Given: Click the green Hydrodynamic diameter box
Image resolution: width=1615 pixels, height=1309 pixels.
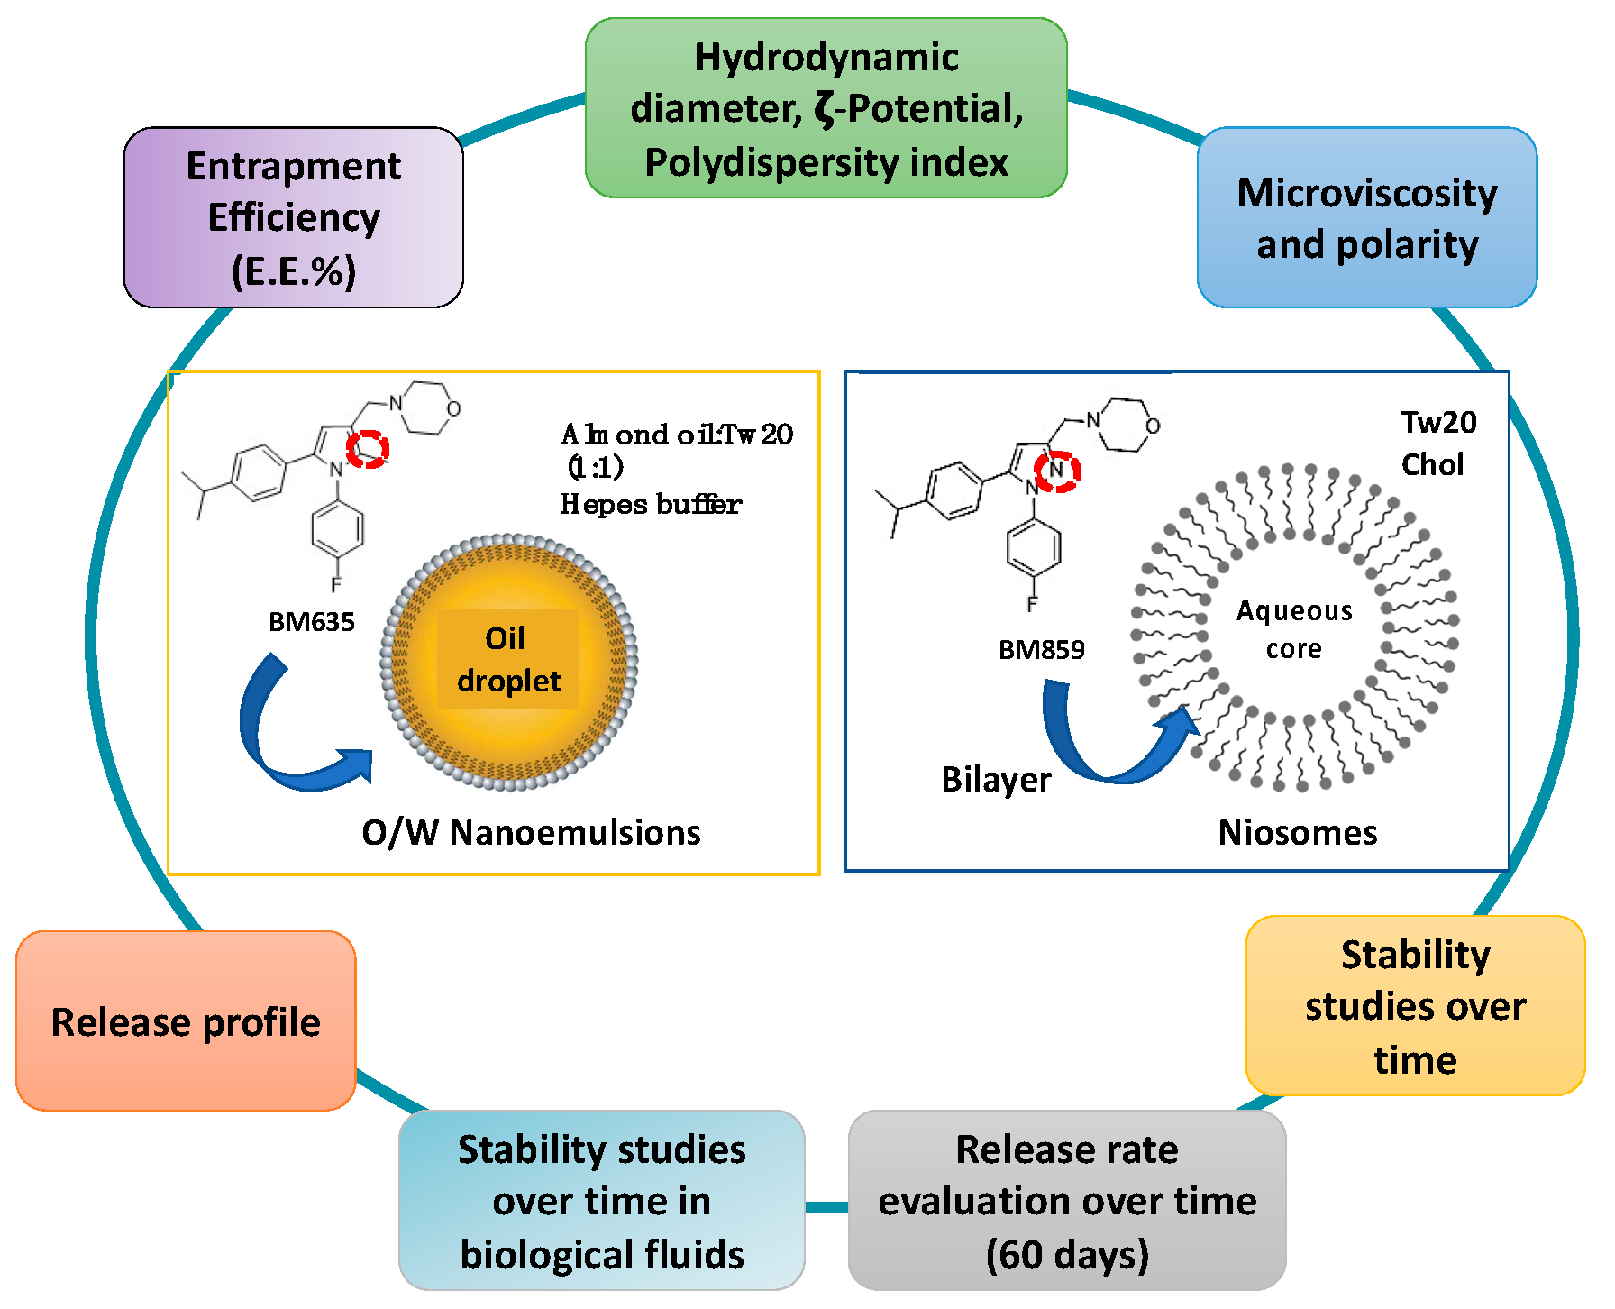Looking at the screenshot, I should [826, 108].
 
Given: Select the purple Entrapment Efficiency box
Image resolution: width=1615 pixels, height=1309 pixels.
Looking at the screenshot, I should [294, 217].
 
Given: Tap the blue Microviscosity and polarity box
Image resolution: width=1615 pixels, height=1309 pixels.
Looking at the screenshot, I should [1366, 217].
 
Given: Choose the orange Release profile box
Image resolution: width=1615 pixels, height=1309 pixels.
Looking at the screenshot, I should [186, 1021].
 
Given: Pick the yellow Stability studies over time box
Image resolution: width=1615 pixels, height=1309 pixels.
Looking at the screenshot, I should [1414, 1006].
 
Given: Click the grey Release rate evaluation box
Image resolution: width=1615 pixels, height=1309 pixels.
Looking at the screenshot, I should [1066, 1200].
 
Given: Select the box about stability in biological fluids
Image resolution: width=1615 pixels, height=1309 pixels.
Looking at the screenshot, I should [601, 1200].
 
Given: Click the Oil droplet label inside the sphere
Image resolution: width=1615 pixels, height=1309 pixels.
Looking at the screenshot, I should [507, 659].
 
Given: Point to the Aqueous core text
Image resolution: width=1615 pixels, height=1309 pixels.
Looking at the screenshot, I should [1293, 629].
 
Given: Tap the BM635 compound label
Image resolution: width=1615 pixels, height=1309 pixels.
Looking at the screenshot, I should [312, 622].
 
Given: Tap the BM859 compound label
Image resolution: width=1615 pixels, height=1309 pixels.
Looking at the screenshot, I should [1041, 650].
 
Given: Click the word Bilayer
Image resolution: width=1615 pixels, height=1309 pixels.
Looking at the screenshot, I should [996, 779].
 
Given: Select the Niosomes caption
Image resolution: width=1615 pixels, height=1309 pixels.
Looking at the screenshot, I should [1297, 832].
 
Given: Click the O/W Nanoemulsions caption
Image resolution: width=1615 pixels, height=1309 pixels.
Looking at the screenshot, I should [531, 832].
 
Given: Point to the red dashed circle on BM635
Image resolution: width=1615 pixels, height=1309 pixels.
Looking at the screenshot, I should [368, 448].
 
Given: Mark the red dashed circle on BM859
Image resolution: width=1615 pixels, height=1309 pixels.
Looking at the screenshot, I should [1056, 471].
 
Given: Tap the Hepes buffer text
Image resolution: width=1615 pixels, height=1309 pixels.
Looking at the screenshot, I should [651, 504].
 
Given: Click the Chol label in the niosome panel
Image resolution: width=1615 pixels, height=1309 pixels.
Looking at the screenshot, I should [1431, 464].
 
